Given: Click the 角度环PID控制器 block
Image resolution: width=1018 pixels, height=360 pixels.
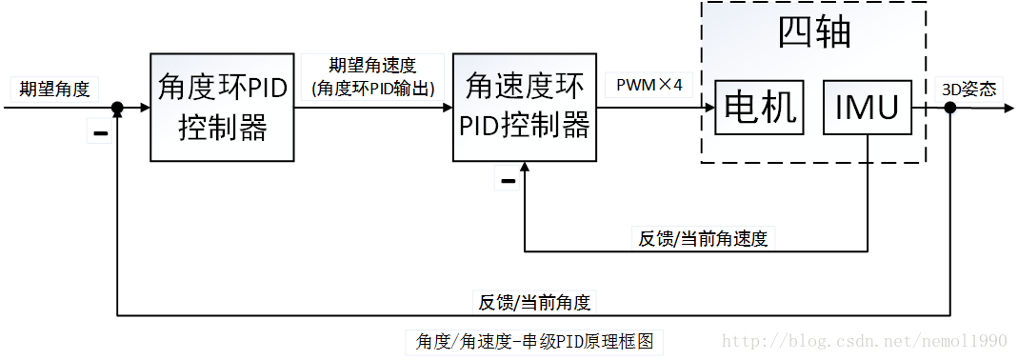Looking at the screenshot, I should tap(222, 108).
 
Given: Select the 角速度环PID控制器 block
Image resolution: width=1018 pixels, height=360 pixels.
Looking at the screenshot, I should tap(525, 107).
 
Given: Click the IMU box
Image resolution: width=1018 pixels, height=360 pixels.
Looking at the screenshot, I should tap(868, 108).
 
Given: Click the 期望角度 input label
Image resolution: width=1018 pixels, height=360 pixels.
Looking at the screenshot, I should tap(55, 90).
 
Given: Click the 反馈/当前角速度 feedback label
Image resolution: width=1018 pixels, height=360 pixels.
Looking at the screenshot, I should tap(703, 238).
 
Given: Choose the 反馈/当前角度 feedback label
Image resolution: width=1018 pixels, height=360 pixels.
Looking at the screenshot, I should tap(534, 303).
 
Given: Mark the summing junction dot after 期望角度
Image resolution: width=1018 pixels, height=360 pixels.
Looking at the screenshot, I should tap(116, 108).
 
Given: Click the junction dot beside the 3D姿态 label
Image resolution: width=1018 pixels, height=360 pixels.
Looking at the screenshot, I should tap(949, 108).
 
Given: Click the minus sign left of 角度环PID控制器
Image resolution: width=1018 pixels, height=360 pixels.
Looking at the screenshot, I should tap(99, 133).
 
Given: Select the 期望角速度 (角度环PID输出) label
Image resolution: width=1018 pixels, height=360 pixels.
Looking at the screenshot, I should tap(372, 77).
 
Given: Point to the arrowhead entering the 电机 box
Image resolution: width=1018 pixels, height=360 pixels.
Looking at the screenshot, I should tap(709, 108).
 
